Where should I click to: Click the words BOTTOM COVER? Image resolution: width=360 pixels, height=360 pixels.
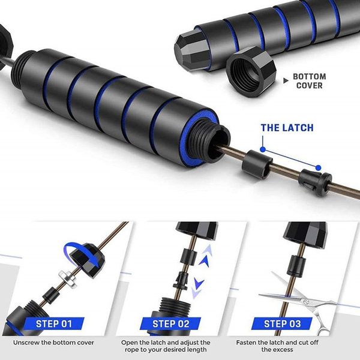(x=309, y=81)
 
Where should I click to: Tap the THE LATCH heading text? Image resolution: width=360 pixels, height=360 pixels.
(x=287, y=128)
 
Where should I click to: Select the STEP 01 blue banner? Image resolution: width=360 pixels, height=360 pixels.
(x=54, y=324)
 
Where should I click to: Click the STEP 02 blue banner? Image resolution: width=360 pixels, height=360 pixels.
(x=170, y=324)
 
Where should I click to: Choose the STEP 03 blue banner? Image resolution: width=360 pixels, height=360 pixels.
(x=282, y=324)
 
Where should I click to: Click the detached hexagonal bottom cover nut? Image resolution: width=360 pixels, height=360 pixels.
(x=251, y=71)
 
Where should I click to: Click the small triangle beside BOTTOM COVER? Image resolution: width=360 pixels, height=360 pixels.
(x=286, y=80)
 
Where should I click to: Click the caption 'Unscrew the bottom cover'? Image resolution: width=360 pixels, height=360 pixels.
(x=53, y=343)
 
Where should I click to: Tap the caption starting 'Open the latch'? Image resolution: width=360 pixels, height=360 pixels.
(x=166, y=346)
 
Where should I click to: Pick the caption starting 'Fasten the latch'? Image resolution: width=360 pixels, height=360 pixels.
(x=277, y=346)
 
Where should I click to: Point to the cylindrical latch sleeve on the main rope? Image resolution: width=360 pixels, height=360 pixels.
(x=257, y=164)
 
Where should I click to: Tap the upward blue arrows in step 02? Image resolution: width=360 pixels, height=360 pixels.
(x=205, y=256)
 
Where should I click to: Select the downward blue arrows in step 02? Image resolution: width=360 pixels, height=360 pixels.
(x=197, y=287)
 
